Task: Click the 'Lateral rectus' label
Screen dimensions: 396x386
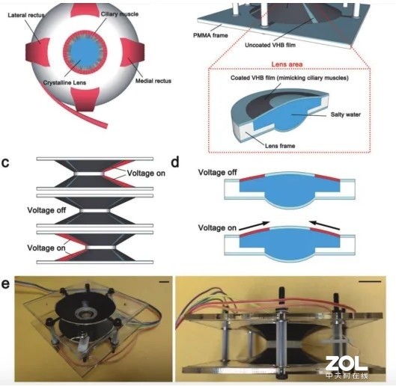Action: [x=26, y=15]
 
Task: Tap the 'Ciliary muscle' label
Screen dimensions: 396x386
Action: [x=120, y=14]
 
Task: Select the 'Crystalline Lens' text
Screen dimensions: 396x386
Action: [x=64, y=82]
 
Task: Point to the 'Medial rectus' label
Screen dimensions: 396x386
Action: [x=153, y=81]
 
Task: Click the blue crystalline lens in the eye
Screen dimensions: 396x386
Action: [x=84, y=54]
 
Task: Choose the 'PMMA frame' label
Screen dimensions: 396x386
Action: [x=210, y=35]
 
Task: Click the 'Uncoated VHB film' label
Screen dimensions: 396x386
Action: [x=270, y=45]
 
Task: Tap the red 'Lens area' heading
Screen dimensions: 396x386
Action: [x=287, y=64]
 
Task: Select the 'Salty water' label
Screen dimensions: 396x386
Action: [x=346, y=114]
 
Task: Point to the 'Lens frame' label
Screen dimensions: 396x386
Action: [x=280, y=146]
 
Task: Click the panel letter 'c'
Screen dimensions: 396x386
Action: [x=5, y=163]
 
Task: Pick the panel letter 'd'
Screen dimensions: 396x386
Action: [x=175, y=162]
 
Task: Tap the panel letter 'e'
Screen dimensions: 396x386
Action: [x=5, y=284]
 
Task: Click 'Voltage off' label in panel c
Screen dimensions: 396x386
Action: [x=46, y=210]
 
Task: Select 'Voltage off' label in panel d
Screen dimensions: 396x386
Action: [x=217, y=172]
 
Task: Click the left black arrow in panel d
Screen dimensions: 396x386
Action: [x=255, y=226]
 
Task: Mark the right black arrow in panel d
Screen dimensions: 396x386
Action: [x=325, y=225]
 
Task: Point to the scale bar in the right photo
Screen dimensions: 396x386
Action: [x=370, y=281]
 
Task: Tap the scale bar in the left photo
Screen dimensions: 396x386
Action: [x=165, y=281]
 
